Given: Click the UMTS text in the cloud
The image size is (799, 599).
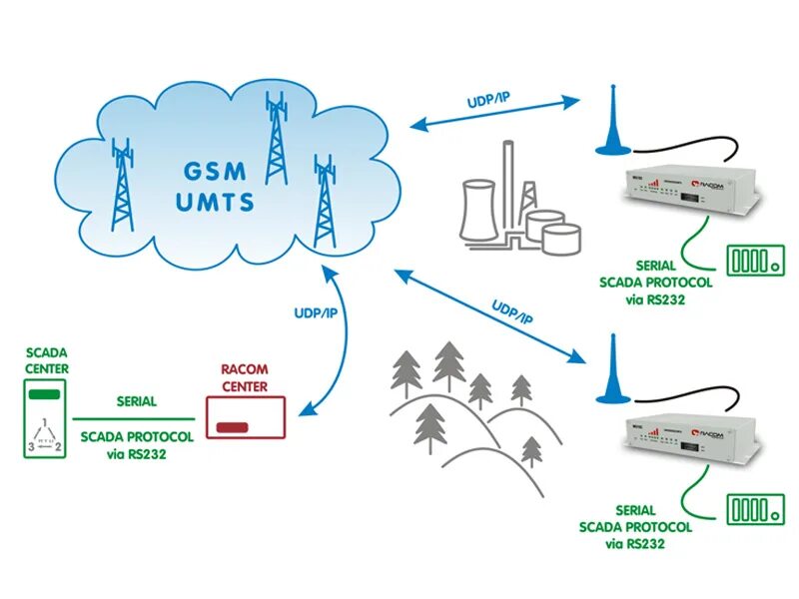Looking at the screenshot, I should pos(214,202).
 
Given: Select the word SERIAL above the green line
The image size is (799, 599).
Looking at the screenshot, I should pos(136,401).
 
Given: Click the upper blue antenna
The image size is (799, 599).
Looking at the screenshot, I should pos(612,124).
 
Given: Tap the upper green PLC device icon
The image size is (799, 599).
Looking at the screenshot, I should pos(754,261).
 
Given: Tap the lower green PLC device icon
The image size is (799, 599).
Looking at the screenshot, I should pos(754,508).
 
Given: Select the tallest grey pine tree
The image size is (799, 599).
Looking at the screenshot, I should pos(448,368).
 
